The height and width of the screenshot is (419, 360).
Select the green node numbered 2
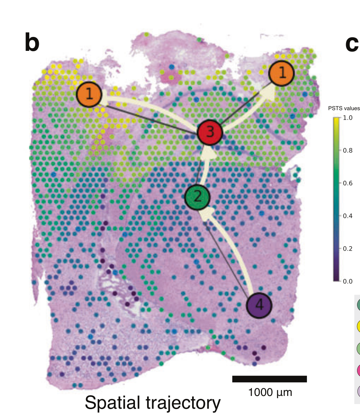click(x=197, y=197)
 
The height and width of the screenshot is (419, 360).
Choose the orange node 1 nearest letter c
click(x=282, y=74)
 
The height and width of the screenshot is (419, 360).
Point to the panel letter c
click(x=352, y=44)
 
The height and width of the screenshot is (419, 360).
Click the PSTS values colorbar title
click(x=344, y=108)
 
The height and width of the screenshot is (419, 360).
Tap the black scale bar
click(x=269, y=379)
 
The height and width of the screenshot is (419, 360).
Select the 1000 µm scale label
click(x=270, y=393)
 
